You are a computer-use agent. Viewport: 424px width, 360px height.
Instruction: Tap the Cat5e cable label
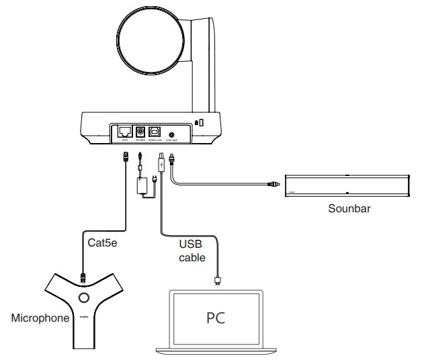pos(103,242)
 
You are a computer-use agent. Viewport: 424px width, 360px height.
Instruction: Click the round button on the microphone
pos(85,296)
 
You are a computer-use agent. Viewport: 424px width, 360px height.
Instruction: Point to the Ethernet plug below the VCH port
pos(125,158)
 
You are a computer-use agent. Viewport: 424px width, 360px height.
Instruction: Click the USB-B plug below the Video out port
pos(160,162)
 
